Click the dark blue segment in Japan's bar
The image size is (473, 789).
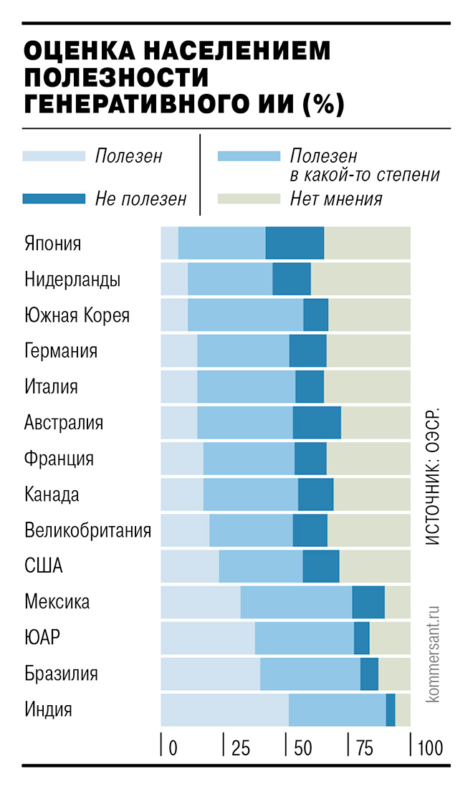[x=295, y=243]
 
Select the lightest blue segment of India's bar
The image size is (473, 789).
[x=224, y=710]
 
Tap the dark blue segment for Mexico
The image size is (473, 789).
[x=368, y=602]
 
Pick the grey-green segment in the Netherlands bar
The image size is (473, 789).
[x=360, y=279]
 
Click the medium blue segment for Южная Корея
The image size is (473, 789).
[x=245, y=315]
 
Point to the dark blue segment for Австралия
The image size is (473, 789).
[x=317, y=422]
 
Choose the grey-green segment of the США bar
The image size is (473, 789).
[x=375, y=566]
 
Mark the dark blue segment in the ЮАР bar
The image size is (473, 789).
[x=362, y=638]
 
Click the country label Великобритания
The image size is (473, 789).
[x=87, y=530]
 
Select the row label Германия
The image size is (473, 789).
[x=60, y=351]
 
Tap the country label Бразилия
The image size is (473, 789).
[x=60, y=674]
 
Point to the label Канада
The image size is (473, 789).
[x=52, y=494]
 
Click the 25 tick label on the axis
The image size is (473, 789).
[x=240, y=749]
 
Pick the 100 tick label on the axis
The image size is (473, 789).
[x=429, y=749]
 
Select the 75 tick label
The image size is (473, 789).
[x=365, y=749]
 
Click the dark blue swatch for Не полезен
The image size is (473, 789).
[x=52, y=199]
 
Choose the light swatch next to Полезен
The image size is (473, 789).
[x=52, y=156]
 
